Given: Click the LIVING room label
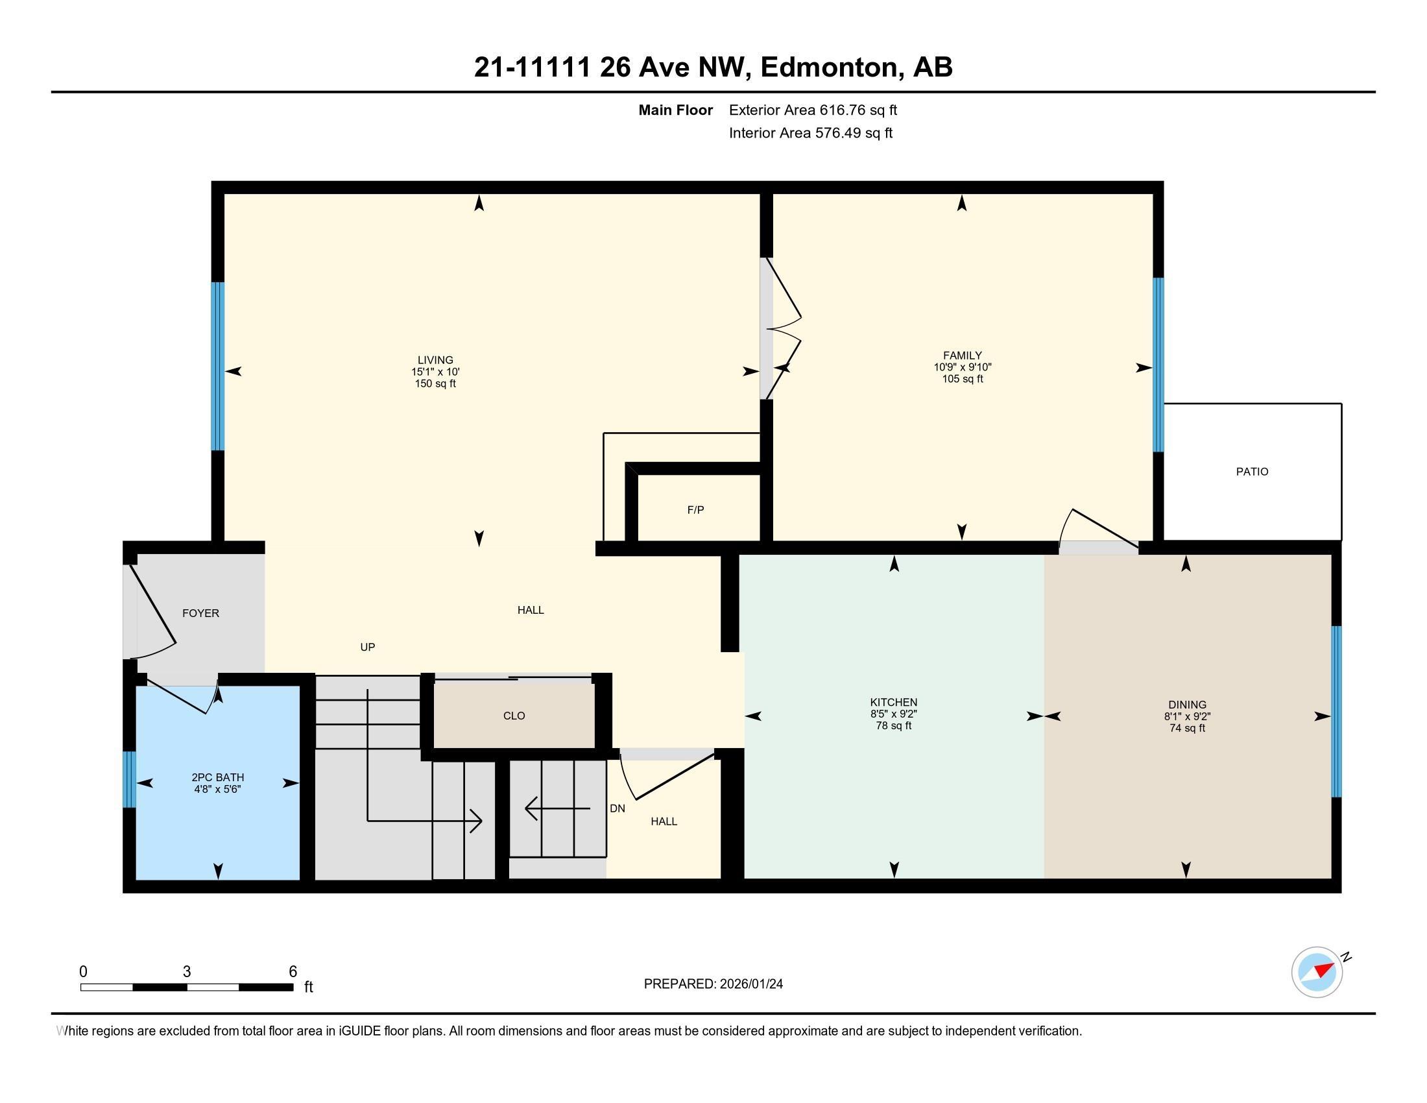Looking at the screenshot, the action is coord(435,360).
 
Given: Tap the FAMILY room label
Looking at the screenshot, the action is coord(963,356).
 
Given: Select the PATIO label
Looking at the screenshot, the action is coord(1252,472).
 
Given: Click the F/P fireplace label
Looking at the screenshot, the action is coord(695,510).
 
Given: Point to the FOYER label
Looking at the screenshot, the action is coord(200,613).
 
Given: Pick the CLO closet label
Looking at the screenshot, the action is coord(514,716).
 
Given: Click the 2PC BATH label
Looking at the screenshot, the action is coord(217,777).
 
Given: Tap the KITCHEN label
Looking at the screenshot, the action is coord(894,703).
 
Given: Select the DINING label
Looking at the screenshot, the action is coord(1187,705).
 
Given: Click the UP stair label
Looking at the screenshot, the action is coord(368,647).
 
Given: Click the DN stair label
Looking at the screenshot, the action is coord(618,808).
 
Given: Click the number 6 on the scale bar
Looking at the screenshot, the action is coord(293,972).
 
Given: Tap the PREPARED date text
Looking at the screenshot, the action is coord(713,984).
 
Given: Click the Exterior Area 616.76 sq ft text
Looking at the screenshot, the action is coord(813,110).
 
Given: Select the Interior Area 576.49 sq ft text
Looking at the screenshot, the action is coord(811,132).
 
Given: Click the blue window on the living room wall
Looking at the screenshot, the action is coord(217,366).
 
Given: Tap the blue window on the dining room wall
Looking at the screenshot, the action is coord(1336,712).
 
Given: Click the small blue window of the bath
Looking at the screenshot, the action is coord(129,779).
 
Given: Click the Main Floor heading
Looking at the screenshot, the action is coord(676,110).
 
